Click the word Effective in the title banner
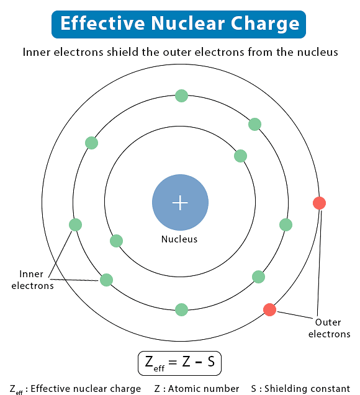point(99,24)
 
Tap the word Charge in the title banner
point(264,24)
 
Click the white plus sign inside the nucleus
point(180,203)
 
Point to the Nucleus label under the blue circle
point(179,239)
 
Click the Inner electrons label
point(32,280)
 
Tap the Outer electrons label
point(329,328)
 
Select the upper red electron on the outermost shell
point(319,203)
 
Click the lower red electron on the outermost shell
point(269,309)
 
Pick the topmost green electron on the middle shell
point(181,95)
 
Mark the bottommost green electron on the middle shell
point(181,309)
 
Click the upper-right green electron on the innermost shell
point(240,156)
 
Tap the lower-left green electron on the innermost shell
point(116,241)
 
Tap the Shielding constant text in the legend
point(308,389)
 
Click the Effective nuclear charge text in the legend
point(86,389)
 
